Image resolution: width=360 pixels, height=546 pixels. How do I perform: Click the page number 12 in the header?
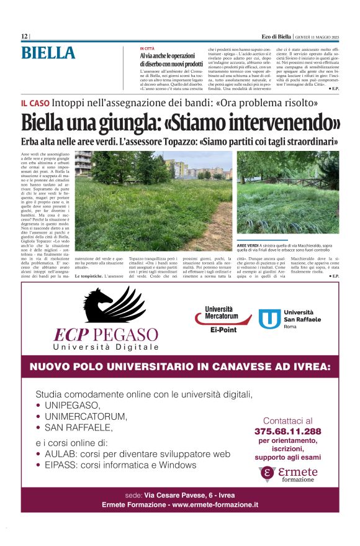point(24,37)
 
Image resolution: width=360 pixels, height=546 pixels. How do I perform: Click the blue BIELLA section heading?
point(48,53)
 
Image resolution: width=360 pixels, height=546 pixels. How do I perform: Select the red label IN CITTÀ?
point(147,48)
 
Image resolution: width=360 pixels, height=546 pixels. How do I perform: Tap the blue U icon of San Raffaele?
point(269,319)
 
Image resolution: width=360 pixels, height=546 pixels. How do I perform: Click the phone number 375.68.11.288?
point(287,431)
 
